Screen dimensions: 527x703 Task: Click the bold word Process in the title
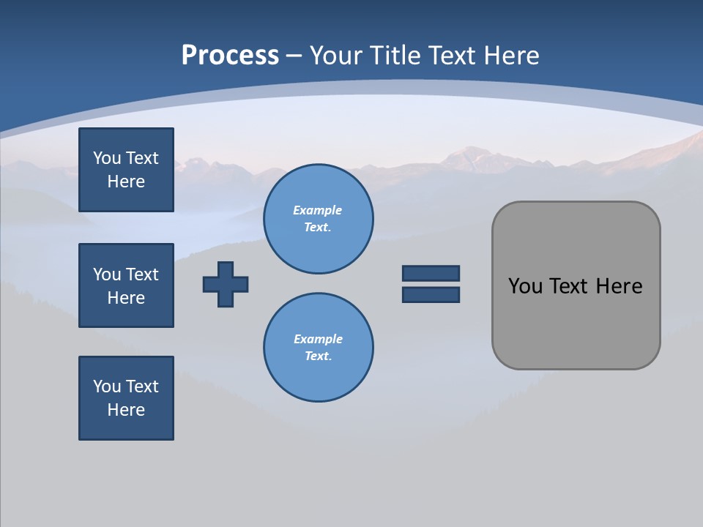click(x=230, y=56)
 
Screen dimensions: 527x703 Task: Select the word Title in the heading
click(x=393, y=56)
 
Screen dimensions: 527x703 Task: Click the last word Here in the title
click(x=510, y=56)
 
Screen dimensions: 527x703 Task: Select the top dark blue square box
click(x=126, y=170)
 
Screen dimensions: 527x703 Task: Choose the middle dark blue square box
click(x=126, y=285)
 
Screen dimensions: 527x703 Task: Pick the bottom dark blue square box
click(x=126, y=398)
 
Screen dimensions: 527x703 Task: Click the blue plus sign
click(x=226, y=284)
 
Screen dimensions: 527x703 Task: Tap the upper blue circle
click(x=319, y=218)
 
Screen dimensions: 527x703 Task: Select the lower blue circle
click(x=319, y=348)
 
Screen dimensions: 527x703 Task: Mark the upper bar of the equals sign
click(x=431, y=274)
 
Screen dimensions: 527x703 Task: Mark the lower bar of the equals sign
click(x=431, y=295)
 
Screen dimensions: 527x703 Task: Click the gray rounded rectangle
click(x=576, y=322)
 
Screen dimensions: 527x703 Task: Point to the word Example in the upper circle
click(x=318, y=210)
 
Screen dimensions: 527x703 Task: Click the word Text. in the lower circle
click(x=318, y=356)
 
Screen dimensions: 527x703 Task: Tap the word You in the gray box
click(x=526, y=286)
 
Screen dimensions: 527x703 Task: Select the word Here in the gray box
click(x=619, y=286)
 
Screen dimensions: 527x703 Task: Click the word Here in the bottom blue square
click(x=126, y=410)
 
